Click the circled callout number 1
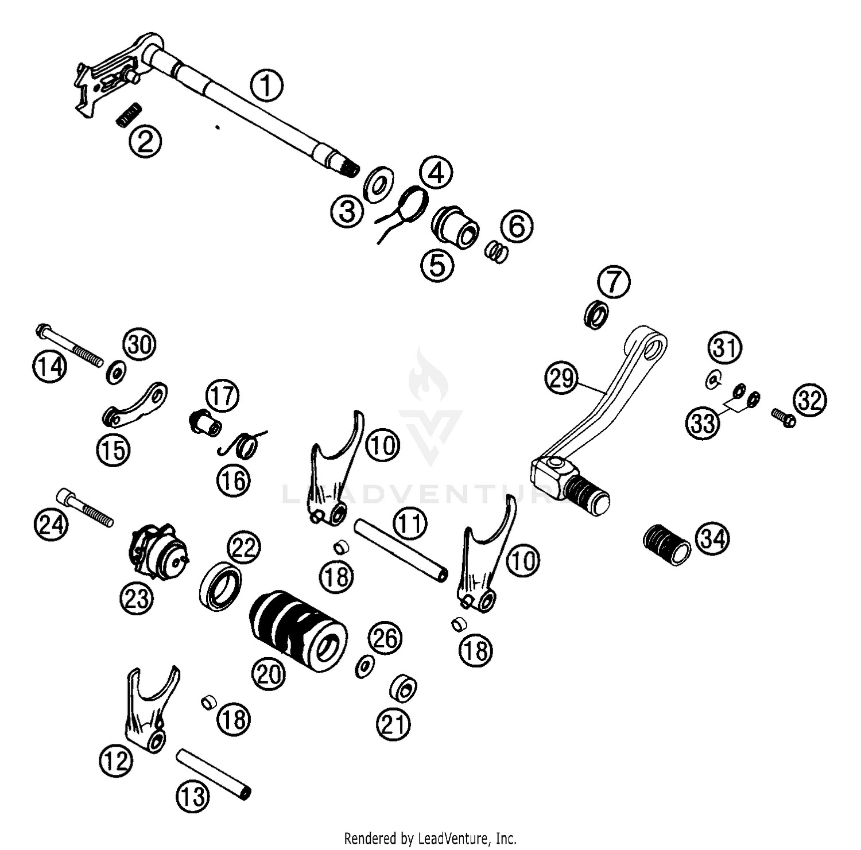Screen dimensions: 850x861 pos(266,86)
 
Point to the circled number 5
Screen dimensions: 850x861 pos(437,266)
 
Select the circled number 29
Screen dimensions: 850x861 pos(562,378)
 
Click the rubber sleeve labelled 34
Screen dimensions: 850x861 pos(665,544)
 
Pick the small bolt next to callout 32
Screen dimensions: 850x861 pos(784,417)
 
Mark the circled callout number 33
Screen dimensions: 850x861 pos(703,424)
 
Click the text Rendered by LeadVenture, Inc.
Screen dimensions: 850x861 pos(430,839)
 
